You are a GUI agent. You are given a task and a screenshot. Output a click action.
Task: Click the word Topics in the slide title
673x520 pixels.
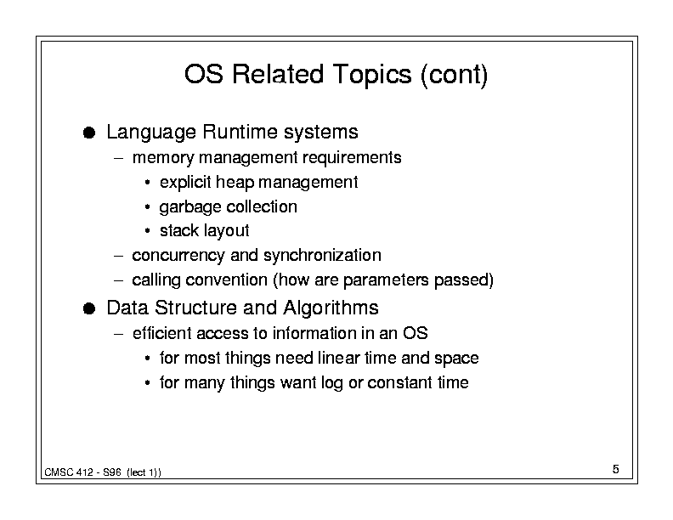click(x=371, y=75)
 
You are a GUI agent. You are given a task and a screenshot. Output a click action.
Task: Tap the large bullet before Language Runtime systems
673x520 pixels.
click(x=89, y=133)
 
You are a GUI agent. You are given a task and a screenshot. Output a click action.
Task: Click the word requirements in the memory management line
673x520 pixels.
click(x=352, y=158)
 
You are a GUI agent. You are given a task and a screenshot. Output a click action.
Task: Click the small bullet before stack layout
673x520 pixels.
click(x=147, y=231)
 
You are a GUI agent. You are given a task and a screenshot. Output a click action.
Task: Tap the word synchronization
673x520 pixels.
click(x=322, y=256)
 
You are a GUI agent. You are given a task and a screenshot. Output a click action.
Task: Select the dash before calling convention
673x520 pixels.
click(x=119, y=280)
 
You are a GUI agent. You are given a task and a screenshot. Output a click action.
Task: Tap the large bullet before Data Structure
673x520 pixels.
click(x=89, y=308)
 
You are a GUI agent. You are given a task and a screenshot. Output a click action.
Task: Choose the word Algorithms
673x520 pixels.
click(x=331, y=308)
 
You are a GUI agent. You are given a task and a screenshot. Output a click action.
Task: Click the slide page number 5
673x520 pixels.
click(x=615, y=469)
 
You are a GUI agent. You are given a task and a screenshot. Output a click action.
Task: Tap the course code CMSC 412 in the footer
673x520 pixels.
click(x=69, y=472)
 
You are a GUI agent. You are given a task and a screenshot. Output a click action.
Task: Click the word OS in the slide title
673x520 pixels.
click(x=203, y=74)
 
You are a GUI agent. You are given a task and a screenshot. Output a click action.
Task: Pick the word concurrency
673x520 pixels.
click(x=178, y=256)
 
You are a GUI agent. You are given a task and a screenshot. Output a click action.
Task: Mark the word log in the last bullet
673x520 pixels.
click(x=331, y=383)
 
